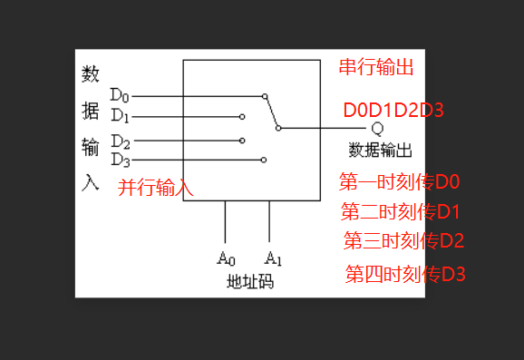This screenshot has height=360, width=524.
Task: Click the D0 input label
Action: click(x=120, y=94)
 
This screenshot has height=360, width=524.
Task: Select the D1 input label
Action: click(x=120, y=116)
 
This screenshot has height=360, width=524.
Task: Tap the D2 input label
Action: click(x=120, y=141)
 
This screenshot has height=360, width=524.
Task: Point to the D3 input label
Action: click(x=120, y=160)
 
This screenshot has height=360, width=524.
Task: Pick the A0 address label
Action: click(x=226, y=258)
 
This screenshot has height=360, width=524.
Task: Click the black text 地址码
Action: click(x=250, y=282)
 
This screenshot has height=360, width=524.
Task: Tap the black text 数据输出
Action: click(x=381, y=149)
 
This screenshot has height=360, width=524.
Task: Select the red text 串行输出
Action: click(x=375, y=68)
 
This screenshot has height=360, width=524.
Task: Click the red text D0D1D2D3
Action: click(x=393, y=111)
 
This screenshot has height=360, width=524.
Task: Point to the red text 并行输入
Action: click(x=156, y=188)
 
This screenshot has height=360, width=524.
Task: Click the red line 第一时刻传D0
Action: click(x=400, y=181)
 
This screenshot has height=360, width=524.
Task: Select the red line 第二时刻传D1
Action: click(x=401, y=212)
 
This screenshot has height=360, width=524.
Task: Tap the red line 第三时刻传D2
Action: click(x=403, y=241)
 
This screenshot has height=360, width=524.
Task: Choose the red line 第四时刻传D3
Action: click(x=405, y=273)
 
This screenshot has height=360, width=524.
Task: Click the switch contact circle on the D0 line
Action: click(x=265, y=94)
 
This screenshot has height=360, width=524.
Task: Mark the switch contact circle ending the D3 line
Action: click(x=264, y=160)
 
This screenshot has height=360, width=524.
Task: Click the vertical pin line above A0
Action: click(x=226, y=223)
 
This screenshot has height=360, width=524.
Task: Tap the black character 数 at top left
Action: click(x=90, y=73)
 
